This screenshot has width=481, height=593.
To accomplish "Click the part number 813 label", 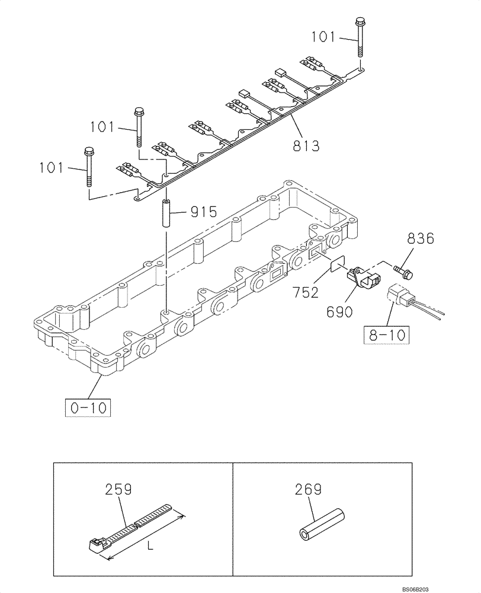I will (306, 145).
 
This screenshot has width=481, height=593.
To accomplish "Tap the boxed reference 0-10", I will (88, 407).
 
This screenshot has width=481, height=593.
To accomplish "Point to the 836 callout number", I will (421, 240).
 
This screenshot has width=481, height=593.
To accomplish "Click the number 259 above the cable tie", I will (119, 490).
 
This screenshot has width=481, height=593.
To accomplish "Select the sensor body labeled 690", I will (362, 276).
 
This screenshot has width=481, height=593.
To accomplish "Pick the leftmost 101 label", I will (51, 168).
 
